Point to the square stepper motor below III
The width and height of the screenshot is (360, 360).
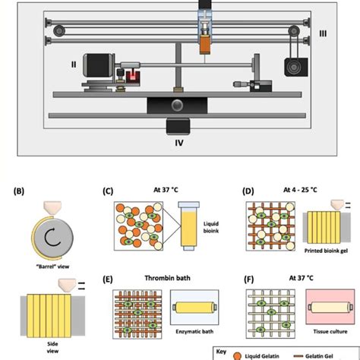(x=292, y=66)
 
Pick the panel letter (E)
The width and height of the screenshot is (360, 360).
(x=108, y=279)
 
